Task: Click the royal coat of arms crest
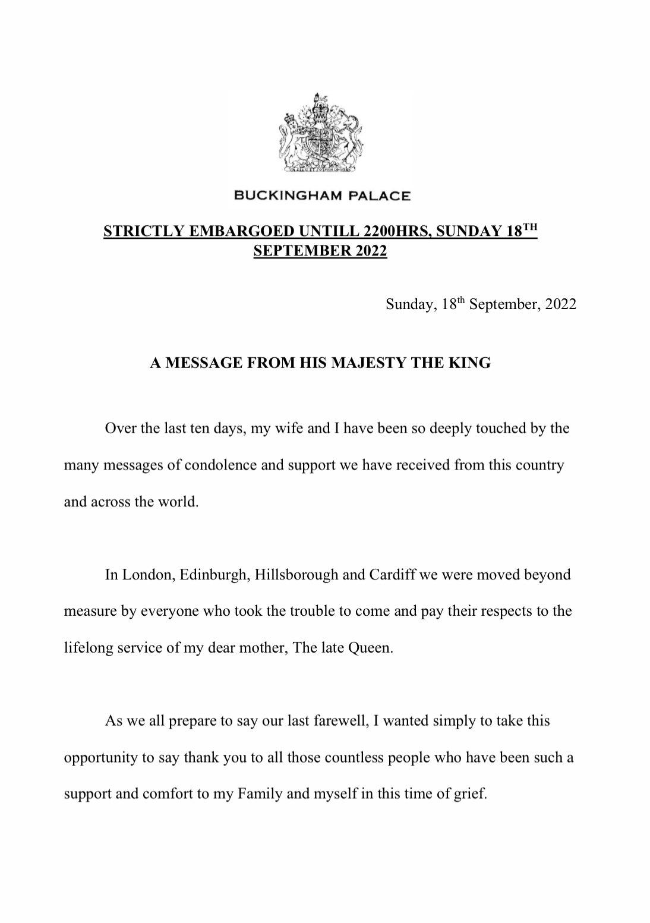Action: (x=321, y=134)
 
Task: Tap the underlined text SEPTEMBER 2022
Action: (x=320, y=251)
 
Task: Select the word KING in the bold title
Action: (x=472, y=363)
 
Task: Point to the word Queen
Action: (x=374, y=648)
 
